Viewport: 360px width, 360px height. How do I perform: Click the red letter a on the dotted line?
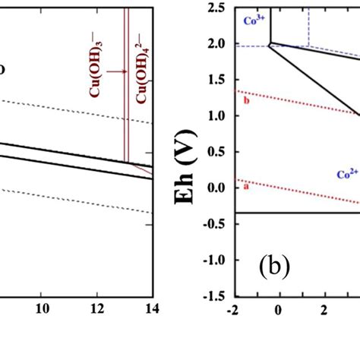coord(245,186)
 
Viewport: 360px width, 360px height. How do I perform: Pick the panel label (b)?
coord(272,269)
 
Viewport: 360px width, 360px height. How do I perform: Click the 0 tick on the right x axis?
coord(278,308)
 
